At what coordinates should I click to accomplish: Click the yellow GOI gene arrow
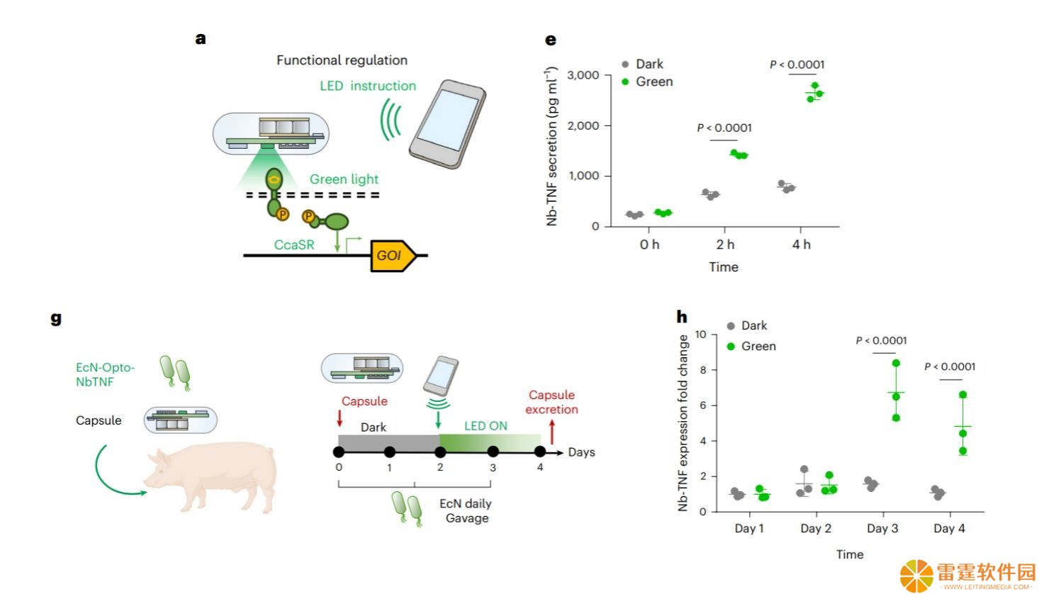pos(393,256)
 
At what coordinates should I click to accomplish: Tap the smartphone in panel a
pos(448,124)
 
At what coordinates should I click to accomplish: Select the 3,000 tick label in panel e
pos(583,75)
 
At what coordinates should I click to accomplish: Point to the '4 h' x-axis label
pos(801,245)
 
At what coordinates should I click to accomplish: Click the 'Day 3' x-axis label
pos(882,529)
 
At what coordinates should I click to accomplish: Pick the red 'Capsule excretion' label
pos(551,402)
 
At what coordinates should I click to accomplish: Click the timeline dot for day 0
pos(339,452)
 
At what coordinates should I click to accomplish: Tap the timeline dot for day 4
pos(540,452)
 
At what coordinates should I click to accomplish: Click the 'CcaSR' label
pos(294,245)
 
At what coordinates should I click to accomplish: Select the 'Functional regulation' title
pos(342,60)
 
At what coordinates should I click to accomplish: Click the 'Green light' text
pos(344,179)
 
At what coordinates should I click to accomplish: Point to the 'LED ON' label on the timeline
pos(485,426)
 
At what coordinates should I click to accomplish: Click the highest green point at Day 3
pos(896,364)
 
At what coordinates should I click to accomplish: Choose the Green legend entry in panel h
pos(751,346)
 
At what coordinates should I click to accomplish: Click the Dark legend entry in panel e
pos(642,64)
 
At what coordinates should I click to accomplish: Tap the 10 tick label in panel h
pos(700,335)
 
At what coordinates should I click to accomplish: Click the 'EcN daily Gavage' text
pos(466,510)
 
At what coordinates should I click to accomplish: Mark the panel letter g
pos(56,319)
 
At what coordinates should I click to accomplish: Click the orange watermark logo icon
pos(916,576)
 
